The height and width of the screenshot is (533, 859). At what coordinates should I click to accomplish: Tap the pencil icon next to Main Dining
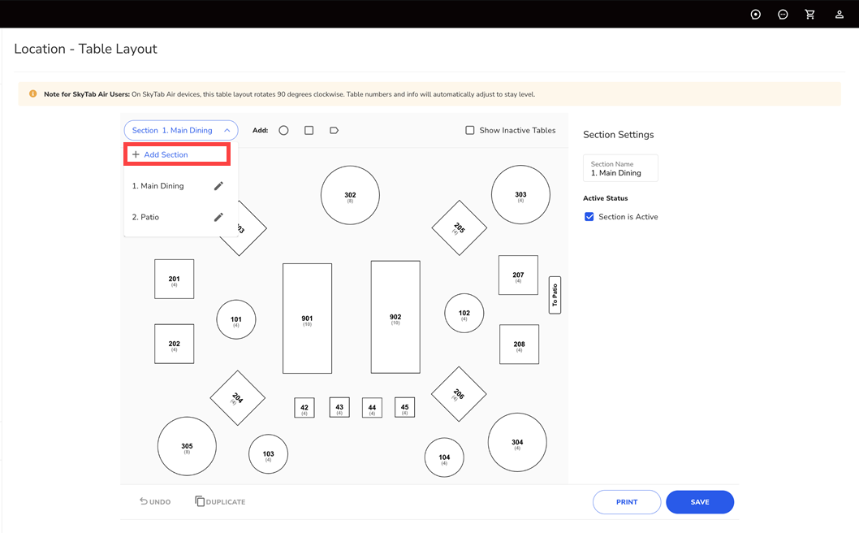[x=218, y=186]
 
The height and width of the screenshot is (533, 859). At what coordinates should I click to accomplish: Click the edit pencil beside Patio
[x=218, y=217]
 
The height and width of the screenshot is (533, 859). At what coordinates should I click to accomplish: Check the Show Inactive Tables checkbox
[x=470, y=131]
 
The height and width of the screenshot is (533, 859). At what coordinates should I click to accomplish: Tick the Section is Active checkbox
[x=589, y=217]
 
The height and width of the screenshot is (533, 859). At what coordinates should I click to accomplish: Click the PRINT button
[x=627, y=502]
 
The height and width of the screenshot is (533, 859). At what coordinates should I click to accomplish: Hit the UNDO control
[x=155, y=502]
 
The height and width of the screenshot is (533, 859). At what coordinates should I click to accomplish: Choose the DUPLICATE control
[x=220, y=502]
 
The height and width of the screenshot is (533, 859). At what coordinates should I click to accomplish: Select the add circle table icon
[x=284, y=131]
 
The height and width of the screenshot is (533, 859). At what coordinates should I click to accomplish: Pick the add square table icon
[x=309, y=131]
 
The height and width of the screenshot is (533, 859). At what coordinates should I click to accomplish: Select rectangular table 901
[x=308, y=318]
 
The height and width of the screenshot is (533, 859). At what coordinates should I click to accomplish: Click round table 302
[x=350, y=195]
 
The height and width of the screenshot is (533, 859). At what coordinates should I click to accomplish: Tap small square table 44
[x=372, y=408]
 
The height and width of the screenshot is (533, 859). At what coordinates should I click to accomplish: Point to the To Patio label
[x=555, y=295]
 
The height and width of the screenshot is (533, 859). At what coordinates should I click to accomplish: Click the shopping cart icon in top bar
[x=809, y=15]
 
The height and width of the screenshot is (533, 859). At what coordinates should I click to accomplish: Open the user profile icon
[x=840, y=15]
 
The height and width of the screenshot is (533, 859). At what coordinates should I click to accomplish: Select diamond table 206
[x=459, y=394]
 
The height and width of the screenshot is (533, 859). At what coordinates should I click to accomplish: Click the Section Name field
[x=620, y=168]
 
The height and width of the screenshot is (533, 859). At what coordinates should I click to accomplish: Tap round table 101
[x=236, y=319]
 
